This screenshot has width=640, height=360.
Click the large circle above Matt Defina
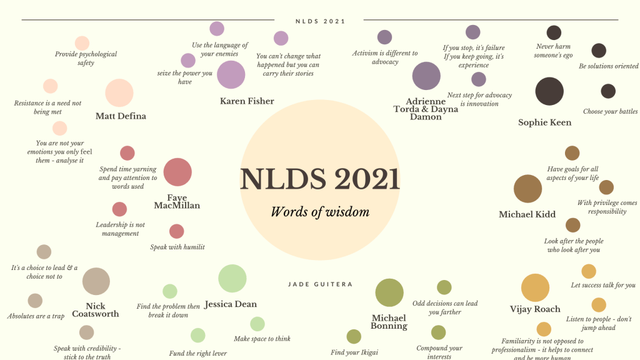pyautogui.click(x=119, y=92)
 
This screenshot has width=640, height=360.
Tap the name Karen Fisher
pyautogui.click(x=247, y=101)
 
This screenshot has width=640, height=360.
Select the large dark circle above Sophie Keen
pyautogui.click(x=549, y=91)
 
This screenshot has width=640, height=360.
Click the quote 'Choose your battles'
pyautogui.click(x=610, y=112)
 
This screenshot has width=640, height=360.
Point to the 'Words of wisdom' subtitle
pyautogui.click(x=320, y=212)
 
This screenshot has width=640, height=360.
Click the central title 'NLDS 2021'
pyautogui.click(x=320, y=179)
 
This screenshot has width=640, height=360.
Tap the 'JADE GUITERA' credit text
pyautogui.click(x=320, y=284)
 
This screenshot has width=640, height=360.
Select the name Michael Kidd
pyautogui.click(x=527, y=214)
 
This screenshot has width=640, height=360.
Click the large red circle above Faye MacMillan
pyautogui.click(x=177, y=172)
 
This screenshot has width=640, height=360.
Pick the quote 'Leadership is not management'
pyautogui.click(x=120, y=229)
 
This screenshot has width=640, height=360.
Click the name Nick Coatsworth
pyautogui.click(x=95, y=310)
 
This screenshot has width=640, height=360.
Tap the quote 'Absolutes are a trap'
pyautogui.click(x=36, y=316)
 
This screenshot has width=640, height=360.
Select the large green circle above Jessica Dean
pyautogui.click(x=232, y=279)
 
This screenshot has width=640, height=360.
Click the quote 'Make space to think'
pyautogui.click(x=262, y=339)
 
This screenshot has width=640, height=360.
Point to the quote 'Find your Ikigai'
pyautogui.click(x=354, y=352)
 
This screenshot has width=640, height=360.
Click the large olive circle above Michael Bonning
pyautogui.click(x=389, y=292)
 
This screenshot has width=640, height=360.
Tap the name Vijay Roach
pyautogui.click(x=535, y=309)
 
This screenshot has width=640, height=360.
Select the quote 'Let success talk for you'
pyautogui.click(x=603, y=286)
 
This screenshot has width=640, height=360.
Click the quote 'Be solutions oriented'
pyautogui.click(x=608, y=66)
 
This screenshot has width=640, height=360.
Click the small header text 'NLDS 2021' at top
pyautogui.click(x=320, y=21)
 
